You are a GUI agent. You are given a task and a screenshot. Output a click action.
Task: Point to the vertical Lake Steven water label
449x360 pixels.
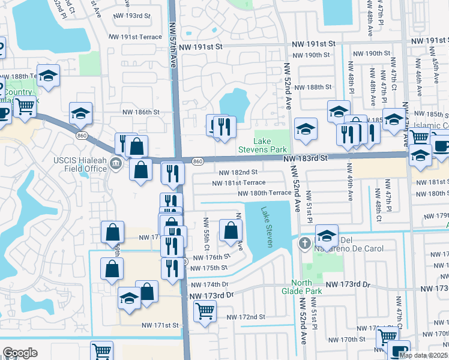[x=268, y=227]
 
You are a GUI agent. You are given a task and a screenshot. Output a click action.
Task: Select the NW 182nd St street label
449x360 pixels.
[x=240, y=172]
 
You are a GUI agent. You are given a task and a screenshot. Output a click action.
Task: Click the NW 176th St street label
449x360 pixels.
[x=214, y=257]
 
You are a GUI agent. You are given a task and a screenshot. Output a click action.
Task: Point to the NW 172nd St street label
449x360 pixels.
[x=246, y=317]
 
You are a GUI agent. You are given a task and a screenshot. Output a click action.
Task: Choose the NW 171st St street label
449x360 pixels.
[x=160, y=325]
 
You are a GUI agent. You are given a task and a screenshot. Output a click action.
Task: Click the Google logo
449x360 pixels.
[x=20, y=353]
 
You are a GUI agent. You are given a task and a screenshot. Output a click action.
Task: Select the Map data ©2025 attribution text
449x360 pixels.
[x=424, y=355]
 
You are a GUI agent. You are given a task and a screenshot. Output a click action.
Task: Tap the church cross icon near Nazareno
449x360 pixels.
[x=304, y=243]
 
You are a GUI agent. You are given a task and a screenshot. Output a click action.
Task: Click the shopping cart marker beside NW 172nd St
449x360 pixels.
[x=205, y=311]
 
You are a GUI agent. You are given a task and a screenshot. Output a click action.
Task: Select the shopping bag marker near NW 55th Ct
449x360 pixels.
[x=231, y=230]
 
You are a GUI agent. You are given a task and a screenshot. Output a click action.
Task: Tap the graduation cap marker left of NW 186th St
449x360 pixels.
[x=81, y=113]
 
